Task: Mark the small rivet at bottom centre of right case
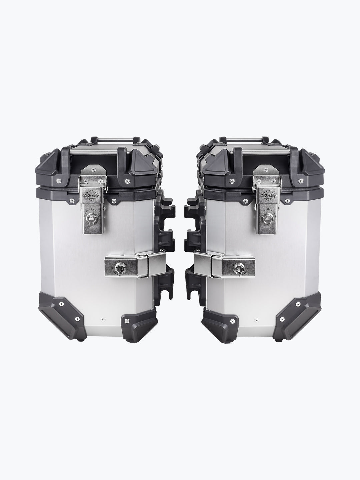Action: coord(256,319)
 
